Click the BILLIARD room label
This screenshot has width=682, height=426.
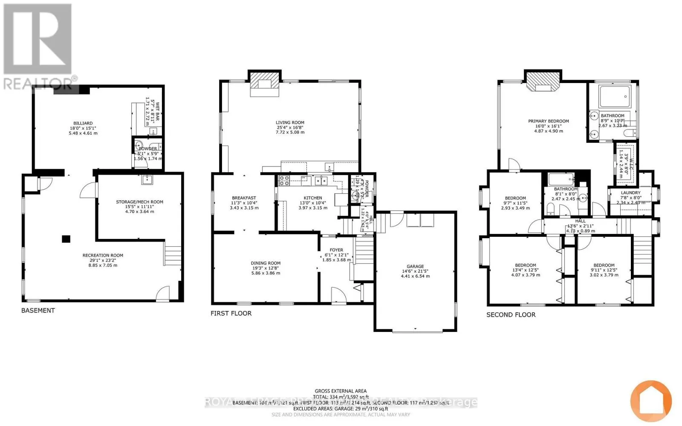tap(83, 123)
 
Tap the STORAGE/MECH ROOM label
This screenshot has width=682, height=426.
tap(140, 202)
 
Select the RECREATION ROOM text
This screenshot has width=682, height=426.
tap(103, 256)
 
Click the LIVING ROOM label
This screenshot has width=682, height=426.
tap(290, 123)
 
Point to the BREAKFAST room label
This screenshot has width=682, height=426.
tap(244, 198)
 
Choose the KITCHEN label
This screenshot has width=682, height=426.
tap(313, 198)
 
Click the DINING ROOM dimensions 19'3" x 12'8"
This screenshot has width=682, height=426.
tap(266, 268)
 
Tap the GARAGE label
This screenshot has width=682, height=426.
tap(415, 266)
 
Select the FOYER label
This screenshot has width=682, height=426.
tap(336, 250)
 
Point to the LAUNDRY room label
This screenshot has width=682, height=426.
tap(630, 193)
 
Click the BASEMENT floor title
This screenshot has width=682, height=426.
tap(38, 310)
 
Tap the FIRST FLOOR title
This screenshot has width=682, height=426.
tap(231, 313)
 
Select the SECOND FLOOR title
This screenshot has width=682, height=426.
tap(511, 314)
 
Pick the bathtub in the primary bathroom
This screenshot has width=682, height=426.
tap(614, 97)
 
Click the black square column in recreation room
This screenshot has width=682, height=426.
tap(66, 239)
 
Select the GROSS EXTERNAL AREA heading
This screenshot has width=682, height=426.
tap(341, 391)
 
